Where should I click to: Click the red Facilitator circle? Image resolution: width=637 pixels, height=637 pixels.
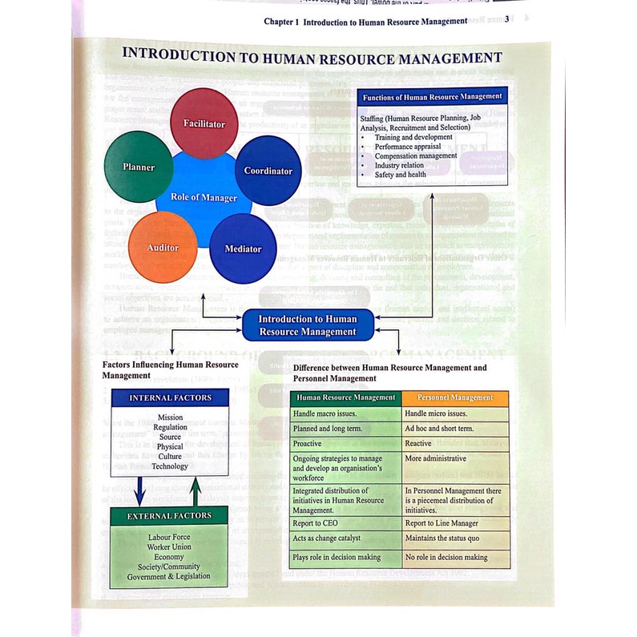coord(204,120)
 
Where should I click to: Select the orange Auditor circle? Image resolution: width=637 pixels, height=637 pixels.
coord(163,248)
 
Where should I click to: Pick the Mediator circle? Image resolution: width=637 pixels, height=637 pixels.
coord(243,248)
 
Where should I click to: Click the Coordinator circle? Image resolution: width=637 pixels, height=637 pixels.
coord(268,171)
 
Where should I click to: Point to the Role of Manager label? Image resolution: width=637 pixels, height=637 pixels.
coord(204,197)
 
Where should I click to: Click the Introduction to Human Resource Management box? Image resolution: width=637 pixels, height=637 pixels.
coord(307,325)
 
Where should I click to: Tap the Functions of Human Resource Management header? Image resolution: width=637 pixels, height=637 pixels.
coord(433,96)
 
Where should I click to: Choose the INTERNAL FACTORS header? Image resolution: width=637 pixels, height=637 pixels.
coord(171,397)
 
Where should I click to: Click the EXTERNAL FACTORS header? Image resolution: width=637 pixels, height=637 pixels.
coord(170,516)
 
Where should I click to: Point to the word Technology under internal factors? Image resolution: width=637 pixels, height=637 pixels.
coord(170,466)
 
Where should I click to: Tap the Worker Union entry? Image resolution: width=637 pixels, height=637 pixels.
coord(169,546)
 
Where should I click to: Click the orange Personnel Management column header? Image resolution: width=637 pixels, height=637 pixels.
coord(455,397)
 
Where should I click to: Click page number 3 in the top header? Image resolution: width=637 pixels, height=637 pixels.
coord(509,20)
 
